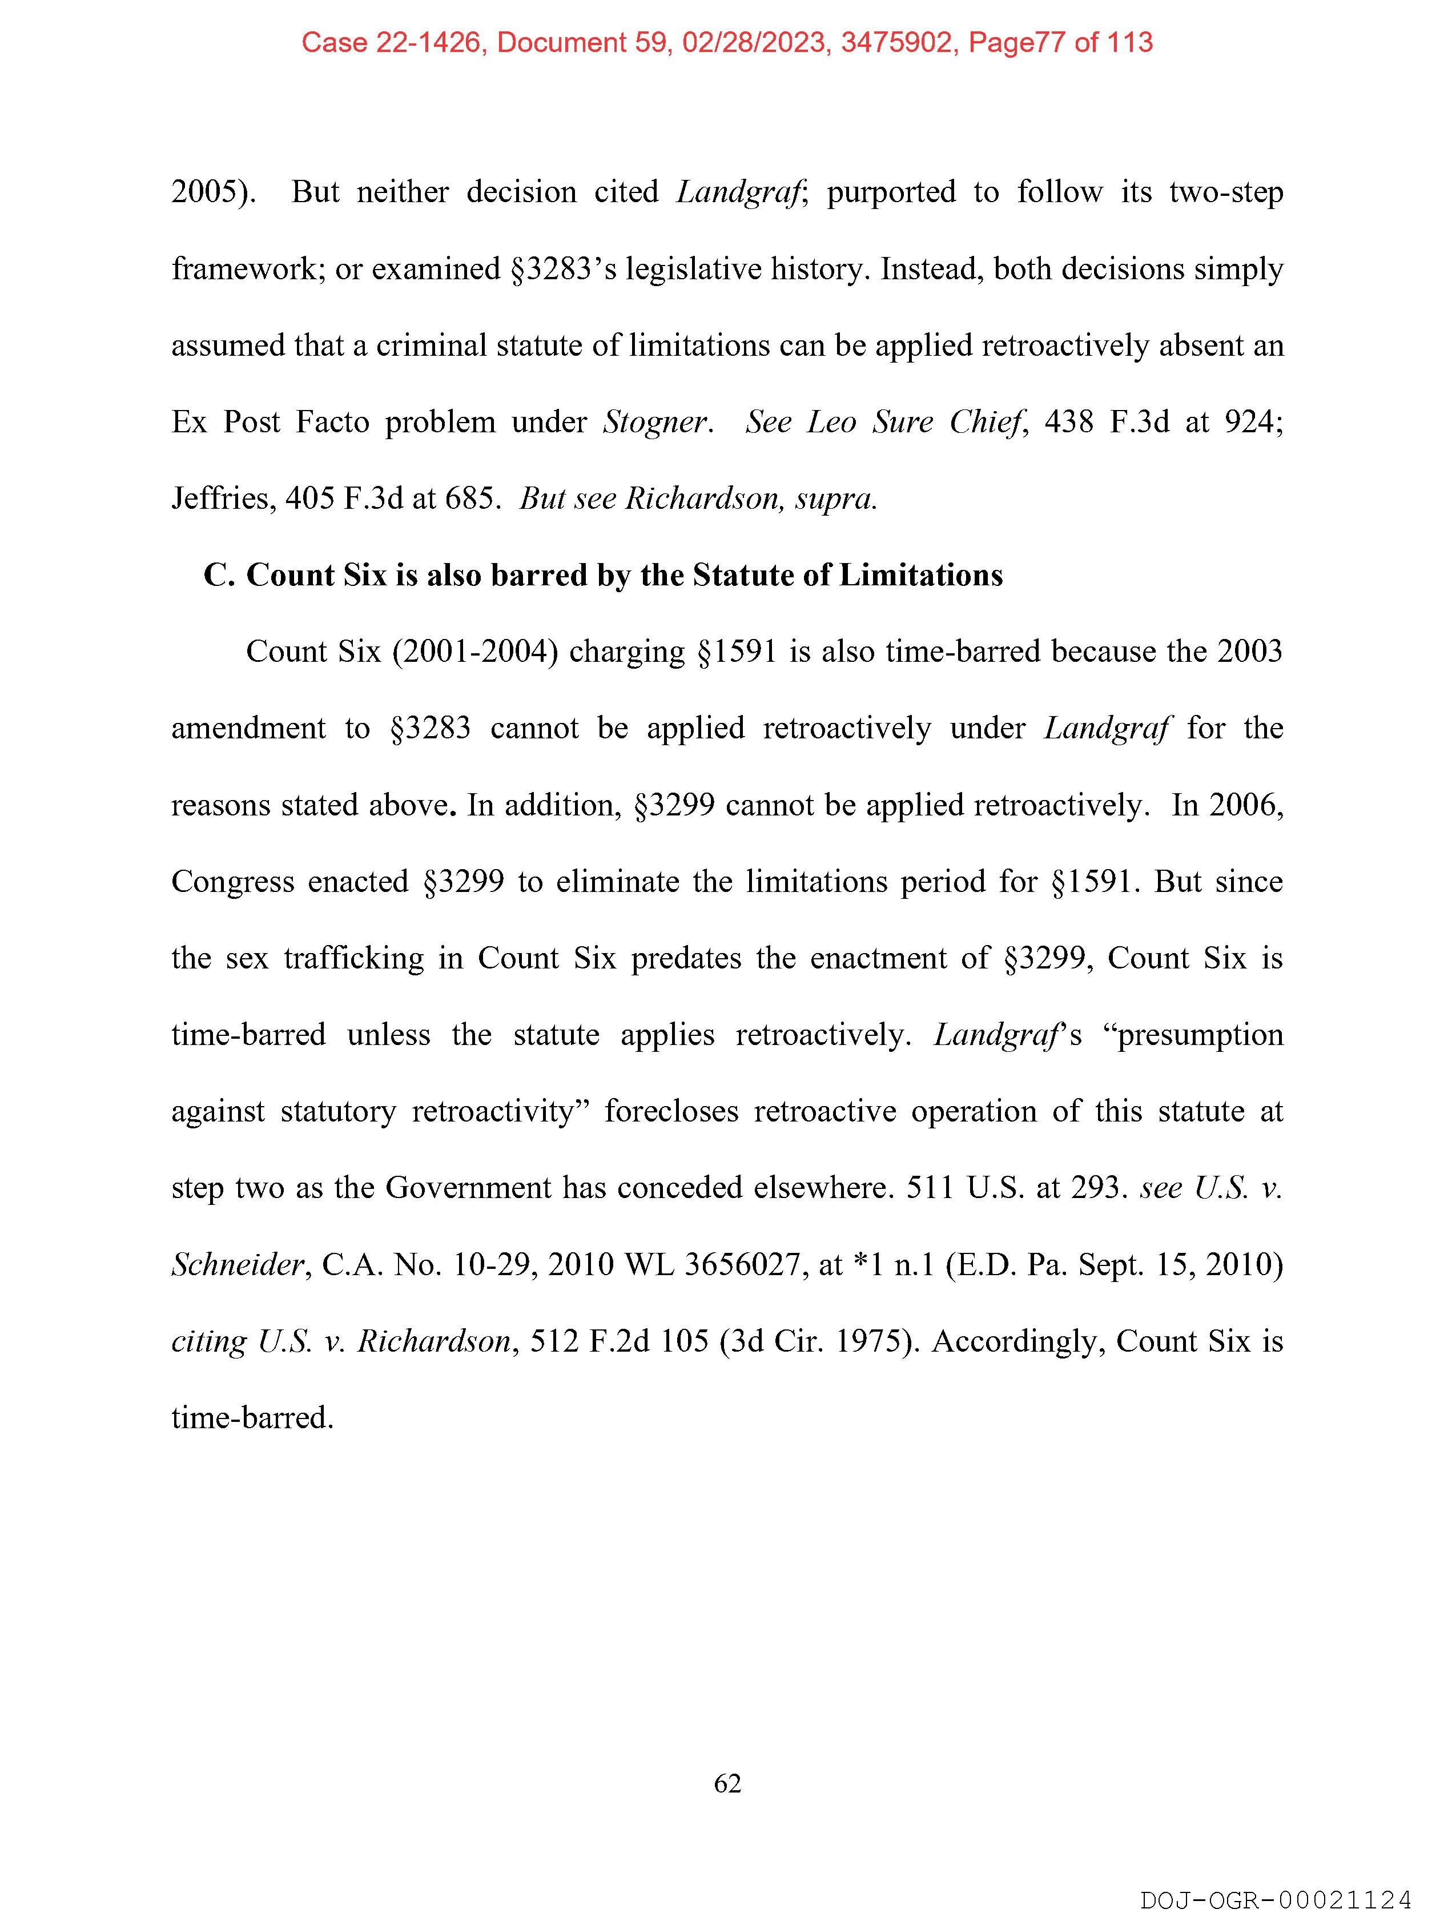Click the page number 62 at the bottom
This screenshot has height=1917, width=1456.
(727, 1783)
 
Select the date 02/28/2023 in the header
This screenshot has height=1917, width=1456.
(753, 42)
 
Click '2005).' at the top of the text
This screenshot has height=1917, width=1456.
(213, 191)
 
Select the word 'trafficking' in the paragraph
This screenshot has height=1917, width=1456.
(353, 958)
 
